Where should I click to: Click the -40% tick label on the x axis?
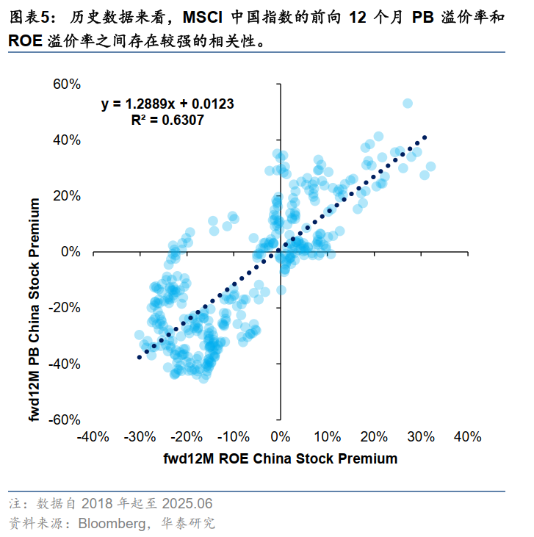93,437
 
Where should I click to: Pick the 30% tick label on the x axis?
420,437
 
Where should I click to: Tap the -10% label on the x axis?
233,437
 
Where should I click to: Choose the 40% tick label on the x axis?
467,437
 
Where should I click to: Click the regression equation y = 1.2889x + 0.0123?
167,104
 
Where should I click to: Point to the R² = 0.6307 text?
167,120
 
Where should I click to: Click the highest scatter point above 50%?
407,104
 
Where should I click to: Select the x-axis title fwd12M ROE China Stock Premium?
281,459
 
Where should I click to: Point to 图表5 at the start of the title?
26,16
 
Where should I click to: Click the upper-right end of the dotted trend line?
424,137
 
